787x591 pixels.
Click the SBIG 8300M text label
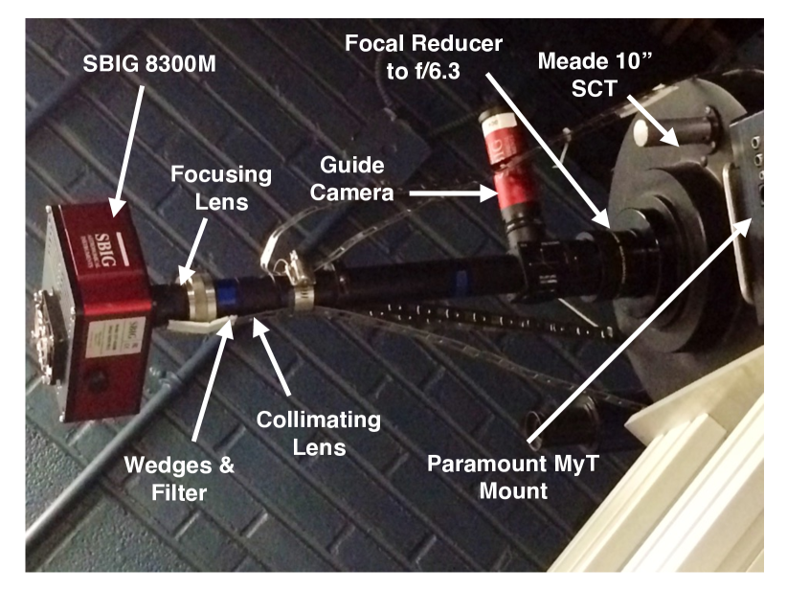(x=149, y=64)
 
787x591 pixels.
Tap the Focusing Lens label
(x=221, y=188)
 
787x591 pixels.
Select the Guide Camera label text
(x=351, y=179)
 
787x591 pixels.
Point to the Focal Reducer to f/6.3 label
(x=423, y=57)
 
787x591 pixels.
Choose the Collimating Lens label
(x=319, y=433)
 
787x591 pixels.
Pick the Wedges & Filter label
(x=179, y=479)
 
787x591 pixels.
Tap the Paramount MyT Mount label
(x=513, y=476)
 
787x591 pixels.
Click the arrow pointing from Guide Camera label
(x=453, y=193)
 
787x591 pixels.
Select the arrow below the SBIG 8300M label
(x=127, y=150)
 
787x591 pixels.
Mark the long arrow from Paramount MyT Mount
(x=641, y=330)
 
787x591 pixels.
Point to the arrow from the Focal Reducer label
(x=548, y=150)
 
